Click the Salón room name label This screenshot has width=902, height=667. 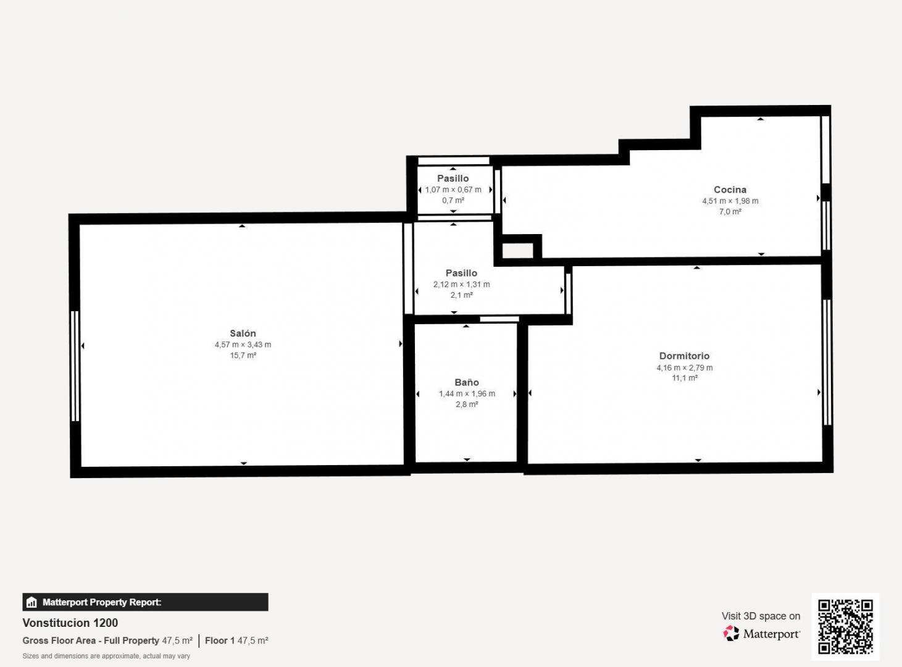(243, 333)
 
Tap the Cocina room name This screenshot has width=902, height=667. (730, 190)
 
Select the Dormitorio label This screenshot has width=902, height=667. (684, 356)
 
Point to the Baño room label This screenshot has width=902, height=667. (467, 382)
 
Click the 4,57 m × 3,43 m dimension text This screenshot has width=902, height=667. (243, 345)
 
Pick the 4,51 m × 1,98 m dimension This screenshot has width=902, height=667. (730, 201)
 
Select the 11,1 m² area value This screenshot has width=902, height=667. (685, 378)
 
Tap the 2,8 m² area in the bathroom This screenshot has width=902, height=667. (467, 405)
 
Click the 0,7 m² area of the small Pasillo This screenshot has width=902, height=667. (453, 201)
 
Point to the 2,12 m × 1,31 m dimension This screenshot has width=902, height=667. (461, 285)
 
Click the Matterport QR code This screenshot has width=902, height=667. (845, 626)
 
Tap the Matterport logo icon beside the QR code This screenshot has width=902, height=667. (731, 634)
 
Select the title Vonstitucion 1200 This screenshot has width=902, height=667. (70, 623)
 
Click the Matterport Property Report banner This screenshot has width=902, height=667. (145, 602)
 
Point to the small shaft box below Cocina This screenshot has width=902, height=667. (517, 251)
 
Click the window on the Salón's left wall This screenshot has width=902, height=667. (75, 366)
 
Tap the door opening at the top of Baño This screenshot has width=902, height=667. (499, 319)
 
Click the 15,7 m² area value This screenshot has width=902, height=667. (243, 356)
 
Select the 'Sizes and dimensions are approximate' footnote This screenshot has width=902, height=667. (106, 656)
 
